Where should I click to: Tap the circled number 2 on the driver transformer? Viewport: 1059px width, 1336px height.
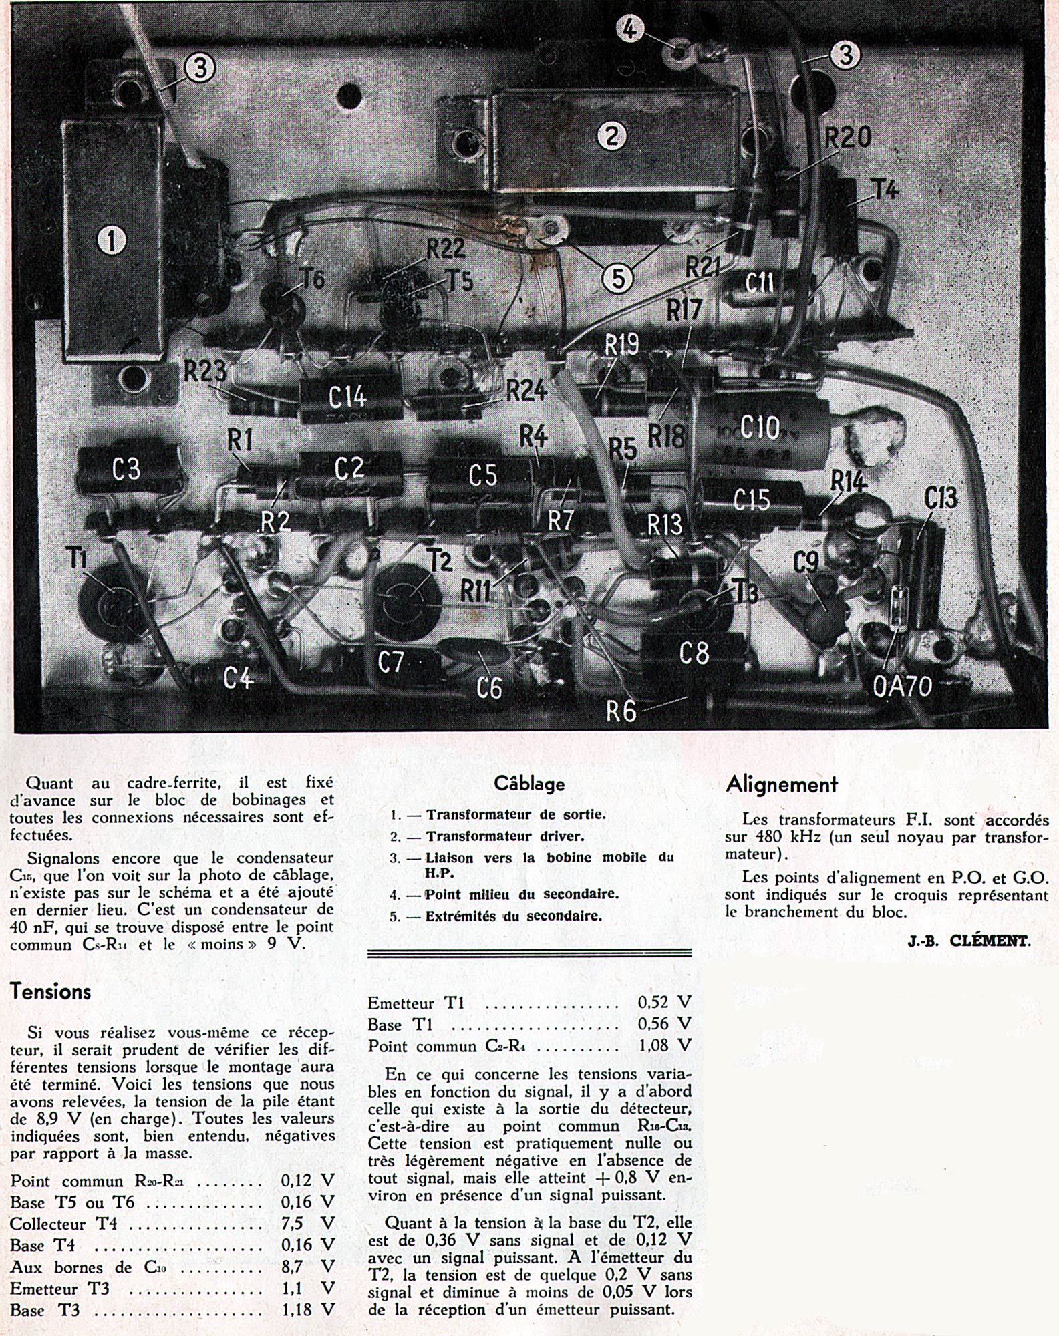pos(611,136)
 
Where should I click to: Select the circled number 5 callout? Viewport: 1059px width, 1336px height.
pos(618,277)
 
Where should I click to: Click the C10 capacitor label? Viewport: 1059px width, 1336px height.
pos(760,427)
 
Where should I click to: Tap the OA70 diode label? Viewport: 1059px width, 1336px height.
pos(902,686)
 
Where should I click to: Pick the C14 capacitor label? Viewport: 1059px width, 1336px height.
pos(347,397)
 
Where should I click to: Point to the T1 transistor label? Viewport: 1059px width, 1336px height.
pos(78,558)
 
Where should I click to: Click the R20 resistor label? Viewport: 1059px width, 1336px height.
pos(847,138)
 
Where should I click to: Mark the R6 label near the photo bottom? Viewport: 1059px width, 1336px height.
pos(621,711)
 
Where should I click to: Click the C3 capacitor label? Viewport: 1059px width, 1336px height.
pos(126,469)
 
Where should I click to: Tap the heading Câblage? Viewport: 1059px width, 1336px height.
pos(529,784)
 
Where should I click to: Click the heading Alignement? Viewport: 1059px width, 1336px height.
pos(782,784)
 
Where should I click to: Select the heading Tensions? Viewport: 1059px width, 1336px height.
pos(50,991)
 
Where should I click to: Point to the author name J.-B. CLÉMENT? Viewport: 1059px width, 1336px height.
pos(969,941)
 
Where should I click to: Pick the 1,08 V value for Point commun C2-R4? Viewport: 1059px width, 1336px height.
pos(664,1045)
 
